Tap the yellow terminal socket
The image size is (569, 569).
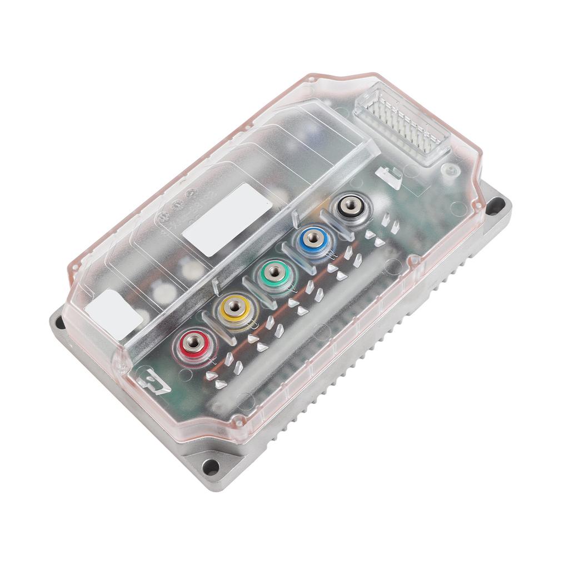coord(234,306)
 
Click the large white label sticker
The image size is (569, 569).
coord(228,220)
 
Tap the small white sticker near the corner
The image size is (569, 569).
coord(114,314)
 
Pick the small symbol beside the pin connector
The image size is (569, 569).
coord(388,176)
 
